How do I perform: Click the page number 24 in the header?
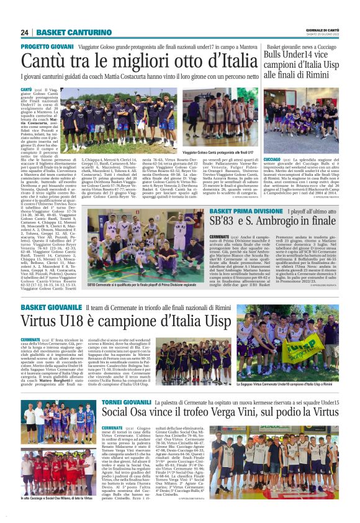tap(25, 32)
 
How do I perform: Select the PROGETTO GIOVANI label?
tap(47, 47)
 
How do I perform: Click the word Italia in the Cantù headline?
tap(229, 61)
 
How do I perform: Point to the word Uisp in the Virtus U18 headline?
tap(205, 322)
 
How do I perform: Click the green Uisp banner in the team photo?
tap(322, 347)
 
